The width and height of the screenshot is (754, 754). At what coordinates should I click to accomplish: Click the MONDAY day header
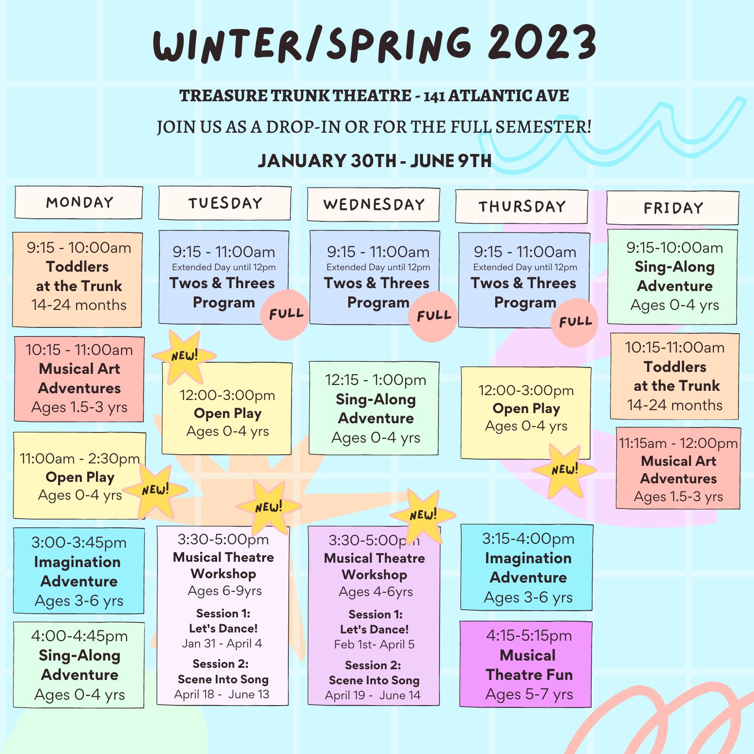pyautogui.click(x=79, y=202)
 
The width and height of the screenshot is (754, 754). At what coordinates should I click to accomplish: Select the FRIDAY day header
pyautogui.click(x=673, y=208)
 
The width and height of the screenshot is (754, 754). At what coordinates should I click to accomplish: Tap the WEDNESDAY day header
pyautogui.click(x=374, y=204)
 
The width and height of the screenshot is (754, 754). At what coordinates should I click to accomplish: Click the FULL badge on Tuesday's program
pyautogui.click(x=285, y=314)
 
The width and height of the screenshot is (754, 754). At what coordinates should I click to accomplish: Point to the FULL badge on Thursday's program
pyautogui.click(x=575, y=322)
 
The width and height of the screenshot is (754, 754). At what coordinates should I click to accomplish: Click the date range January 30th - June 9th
pyautogui.click(x=375, y=161)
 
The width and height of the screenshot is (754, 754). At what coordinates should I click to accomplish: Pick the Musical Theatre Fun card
pyautogui.click(x=526, y=664)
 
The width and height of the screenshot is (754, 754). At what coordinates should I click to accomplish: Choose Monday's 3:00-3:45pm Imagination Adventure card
pyautogui.click(x=79, y=571)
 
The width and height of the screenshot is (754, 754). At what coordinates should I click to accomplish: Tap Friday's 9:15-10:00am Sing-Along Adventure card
pyautogui.click(x=673, y=277)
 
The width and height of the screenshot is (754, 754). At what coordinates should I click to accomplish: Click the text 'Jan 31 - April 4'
pyautogui.click(x=222, y=644)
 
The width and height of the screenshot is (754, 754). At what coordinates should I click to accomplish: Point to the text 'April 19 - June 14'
pyautogui.click(x=373, y=695)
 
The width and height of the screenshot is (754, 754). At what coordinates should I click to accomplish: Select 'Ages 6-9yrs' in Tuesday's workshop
pyautogui.click(x=225, y=591)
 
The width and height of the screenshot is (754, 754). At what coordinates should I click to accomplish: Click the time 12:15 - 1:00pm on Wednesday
pyautogui.click(x=376, y=380)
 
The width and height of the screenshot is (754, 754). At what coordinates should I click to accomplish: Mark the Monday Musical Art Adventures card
pyautogui.click(x=79, y=379)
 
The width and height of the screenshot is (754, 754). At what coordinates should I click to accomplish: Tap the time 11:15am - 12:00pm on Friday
pyautogui.click(x=678, y=443)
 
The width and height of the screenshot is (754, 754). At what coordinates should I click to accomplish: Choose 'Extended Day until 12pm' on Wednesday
pyautogui.click(x=378, y=267)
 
